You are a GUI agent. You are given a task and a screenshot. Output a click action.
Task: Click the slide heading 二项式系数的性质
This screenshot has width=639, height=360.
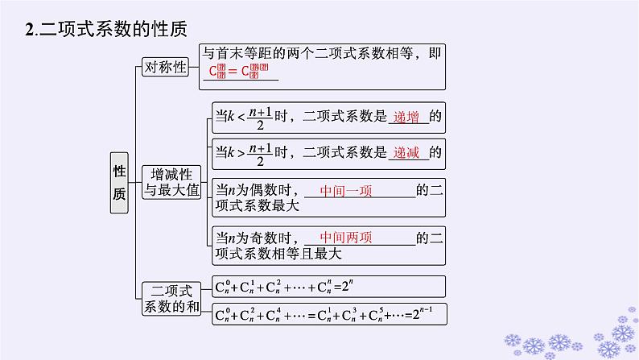[x=113, y=30]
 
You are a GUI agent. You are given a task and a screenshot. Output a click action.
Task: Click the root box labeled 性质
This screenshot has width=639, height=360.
[x=119, y=183]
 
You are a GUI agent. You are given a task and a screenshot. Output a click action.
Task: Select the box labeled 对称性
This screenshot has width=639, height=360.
[x=164, y=68]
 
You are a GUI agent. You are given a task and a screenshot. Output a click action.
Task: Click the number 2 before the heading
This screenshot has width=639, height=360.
[x=29, y=31]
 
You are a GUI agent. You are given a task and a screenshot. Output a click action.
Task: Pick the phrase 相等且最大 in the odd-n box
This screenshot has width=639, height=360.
[x=307, y=254]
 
